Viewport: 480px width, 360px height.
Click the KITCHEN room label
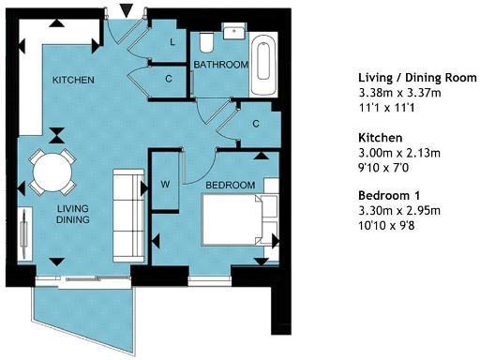tap(72, 80)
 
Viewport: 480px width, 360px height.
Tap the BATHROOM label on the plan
tap(220, 65)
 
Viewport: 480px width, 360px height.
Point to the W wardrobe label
tap(166, 183)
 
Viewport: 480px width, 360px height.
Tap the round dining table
tap(51, 172)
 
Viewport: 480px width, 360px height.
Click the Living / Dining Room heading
tap(418, 77)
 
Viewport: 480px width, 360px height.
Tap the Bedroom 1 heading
tap(390, 195)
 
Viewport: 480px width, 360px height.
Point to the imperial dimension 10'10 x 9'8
tap(389, 225)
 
